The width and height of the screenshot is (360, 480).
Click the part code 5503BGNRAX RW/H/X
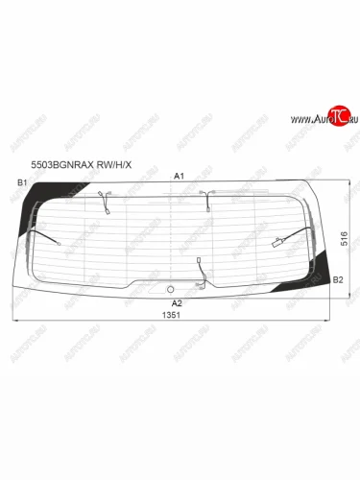coord(80,161)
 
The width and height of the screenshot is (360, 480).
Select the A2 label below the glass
coord(177,302)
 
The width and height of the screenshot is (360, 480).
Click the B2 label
coord(338,279)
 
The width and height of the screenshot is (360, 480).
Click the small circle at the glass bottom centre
coord(170,288)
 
